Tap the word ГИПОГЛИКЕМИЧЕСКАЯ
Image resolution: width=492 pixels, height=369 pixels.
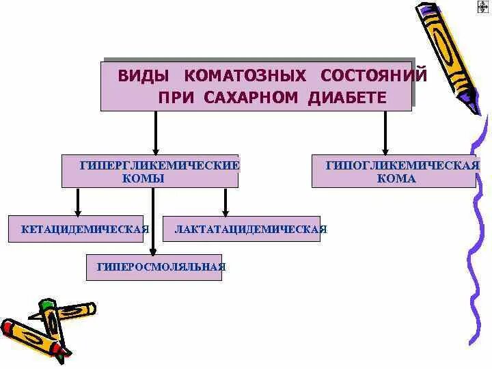coord(402,165)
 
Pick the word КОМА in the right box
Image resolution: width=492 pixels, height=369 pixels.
coord(396,178)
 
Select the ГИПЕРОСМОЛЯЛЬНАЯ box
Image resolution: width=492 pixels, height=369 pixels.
coord(154,266)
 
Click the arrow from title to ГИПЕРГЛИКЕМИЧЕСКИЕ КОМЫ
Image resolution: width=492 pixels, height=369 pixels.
coord(156,133)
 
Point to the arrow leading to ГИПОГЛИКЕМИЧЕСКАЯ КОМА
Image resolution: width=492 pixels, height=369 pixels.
coord(385,133)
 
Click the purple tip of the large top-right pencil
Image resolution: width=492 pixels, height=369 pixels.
coord(471,107)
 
